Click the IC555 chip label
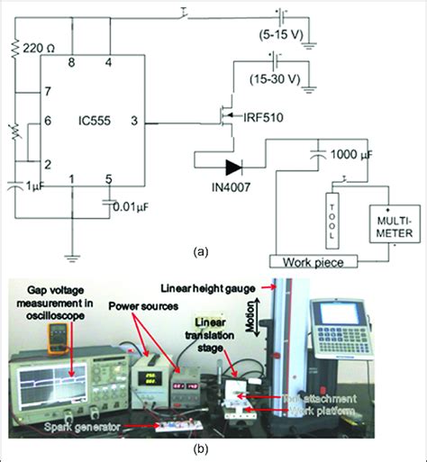coord(90,119)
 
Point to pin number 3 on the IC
coord(133,119)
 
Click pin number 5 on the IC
coord(109,177)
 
